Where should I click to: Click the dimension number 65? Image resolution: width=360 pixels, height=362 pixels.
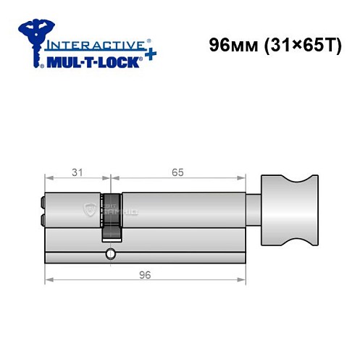click(177, 172)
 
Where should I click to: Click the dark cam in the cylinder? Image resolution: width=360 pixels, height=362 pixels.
click(111, 217)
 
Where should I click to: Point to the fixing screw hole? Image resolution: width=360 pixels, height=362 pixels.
click(109, 254)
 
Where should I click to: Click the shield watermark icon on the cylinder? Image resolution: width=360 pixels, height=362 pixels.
click(89, 209)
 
